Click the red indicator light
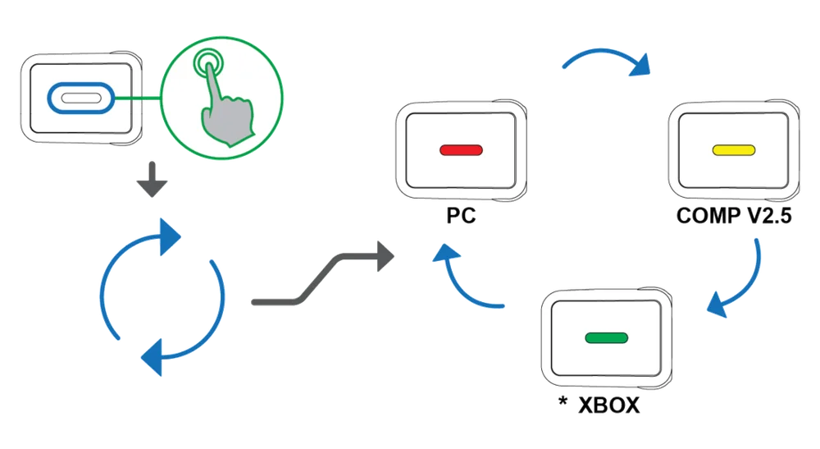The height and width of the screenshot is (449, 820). tap(462, 151)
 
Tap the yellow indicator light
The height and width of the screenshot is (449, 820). tap(732, 150)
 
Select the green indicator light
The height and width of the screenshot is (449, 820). tap(605, 337)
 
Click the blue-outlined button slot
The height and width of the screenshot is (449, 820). tap(77, 97)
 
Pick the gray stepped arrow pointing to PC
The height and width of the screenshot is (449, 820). tap(320, 279)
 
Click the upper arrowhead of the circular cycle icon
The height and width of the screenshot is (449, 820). tap(168, 235)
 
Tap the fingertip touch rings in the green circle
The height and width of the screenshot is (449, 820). tap(209, 64)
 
